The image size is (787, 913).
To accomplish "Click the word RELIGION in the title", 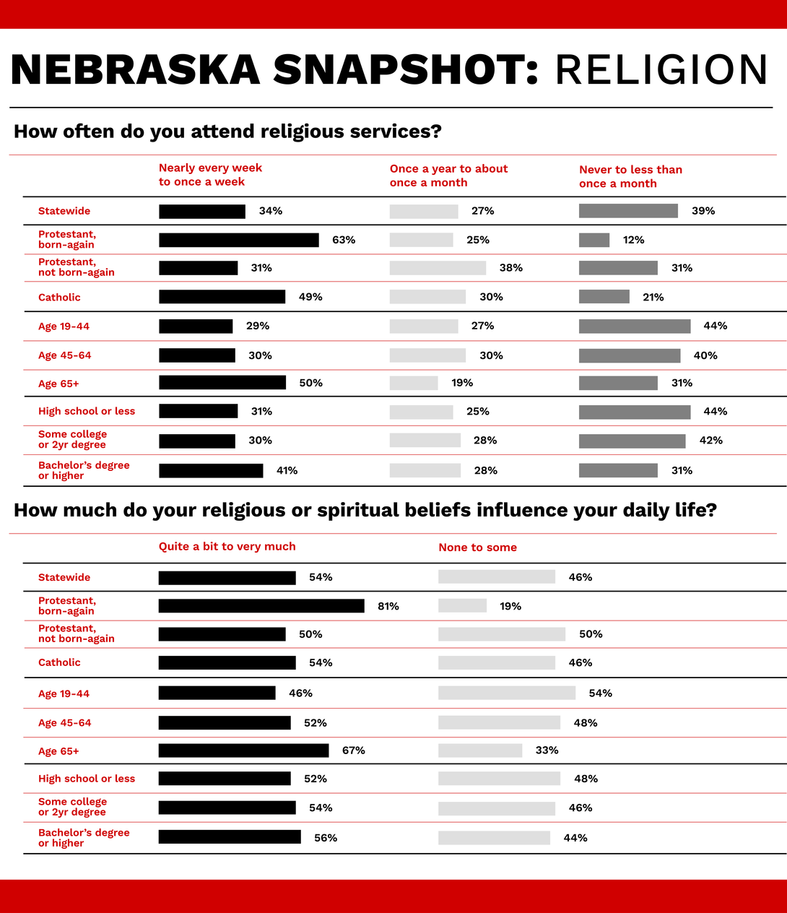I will [661, 70].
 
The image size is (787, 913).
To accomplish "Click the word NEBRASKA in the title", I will [136, 70].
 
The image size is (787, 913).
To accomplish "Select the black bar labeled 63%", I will [238, 240].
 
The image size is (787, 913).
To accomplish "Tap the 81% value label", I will [388, 606].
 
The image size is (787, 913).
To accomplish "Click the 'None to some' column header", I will [477, 548].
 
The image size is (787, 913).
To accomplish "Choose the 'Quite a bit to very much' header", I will [227, 547].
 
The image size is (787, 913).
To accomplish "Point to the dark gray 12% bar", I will [593, 240].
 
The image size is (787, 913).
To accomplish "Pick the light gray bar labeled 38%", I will [438, 268].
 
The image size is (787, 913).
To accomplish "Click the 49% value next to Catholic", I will [310, 297].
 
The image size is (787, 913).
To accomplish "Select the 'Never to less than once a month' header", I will [630, 176].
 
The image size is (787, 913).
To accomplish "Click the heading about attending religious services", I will [227, 131].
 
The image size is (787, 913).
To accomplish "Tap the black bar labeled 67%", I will [243, 750].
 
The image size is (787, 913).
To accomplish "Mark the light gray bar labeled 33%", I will [480, 750].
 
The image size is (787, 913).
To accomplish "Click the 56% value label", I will [326, 838].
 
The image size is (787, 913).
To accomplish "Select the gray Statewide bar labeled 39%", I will [628, 211].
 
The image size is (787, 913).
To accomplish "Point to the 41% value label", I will [287, 470].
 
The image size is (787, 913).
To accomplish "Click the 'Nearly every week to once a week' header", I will [210, 175].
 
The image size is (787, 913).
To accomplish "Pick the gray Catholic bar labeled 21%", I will [604, 297].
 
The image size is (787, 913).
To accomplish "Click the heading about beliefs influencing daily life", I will [365, 511].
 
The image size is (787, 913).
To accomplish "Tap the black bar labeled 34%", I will [201, 211].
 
